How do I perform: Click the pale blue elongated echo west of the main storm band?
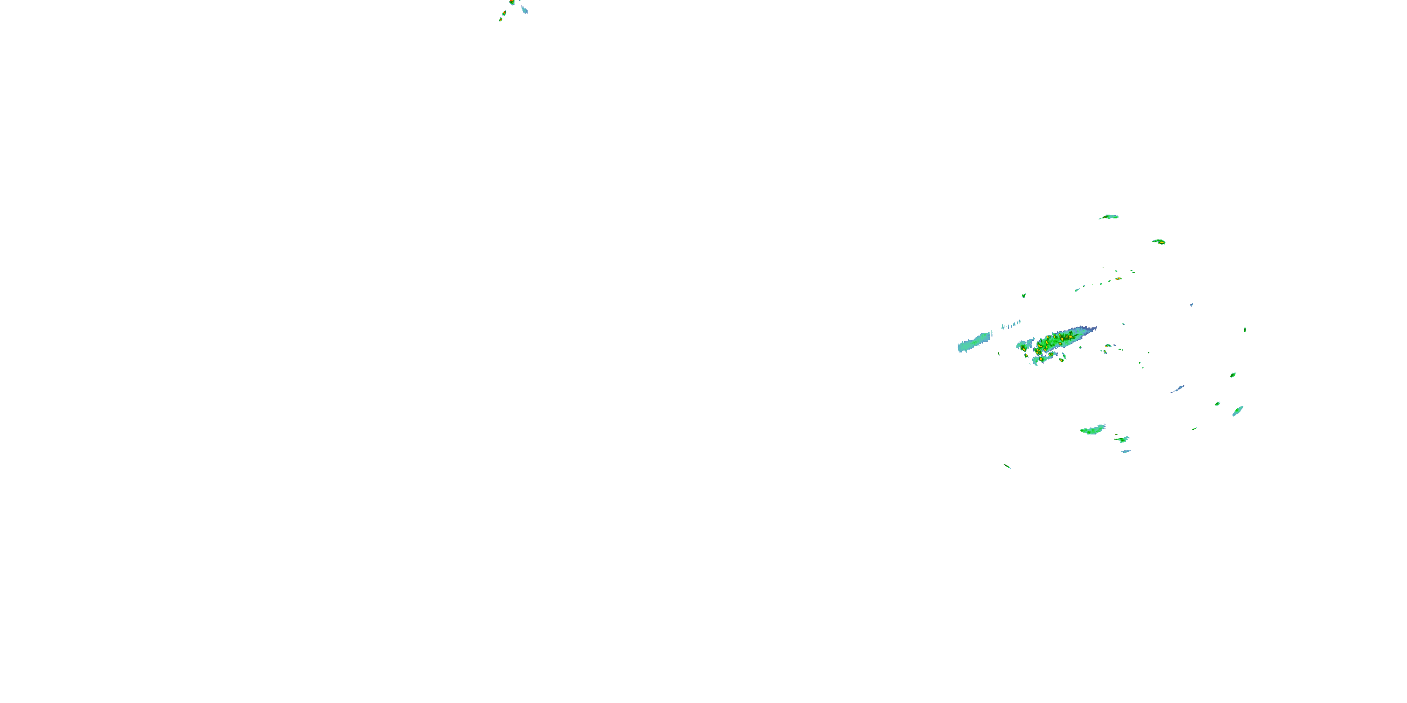pyautogui.click(x=974, y=342)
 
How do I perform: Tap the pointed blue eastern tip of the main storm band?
pyautogui.click(x=1093, y=329)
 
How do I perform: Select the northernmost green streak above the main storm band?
pyautogui.click(x=1109, y=217)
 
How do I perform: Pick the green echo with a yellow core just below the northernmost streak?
pyautogui.click(x=1159, y=241)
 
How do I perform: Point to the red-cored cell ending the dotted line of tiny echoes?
pyautogui.click(x=1118, y=279)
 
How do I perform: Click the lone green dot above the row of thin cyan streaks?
pyautogui.click(x=1023, y=295)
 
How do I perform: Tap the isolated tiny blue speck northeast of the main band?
pyautogui.click(x=1192, y=305)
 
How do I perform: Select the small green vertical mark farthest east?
pyautogui.click(x=1245, y=329)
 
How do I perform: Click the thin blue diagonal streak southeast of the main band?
pyautogui.click(x=1177, y=389)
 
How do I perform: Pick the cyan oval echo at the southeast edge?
pyautogui.click(x=1237, y=411)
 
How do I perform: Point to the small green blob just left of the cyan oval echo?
pyautogui.click(x=1218, y=404)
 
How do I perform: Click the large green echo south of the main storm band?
pyautogui.click(x=1092, y=430)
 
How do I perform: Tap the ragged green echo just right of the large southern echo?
pyautogui.click(x=1122, y=439)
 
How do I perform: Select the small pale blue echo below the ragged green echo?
pyautogui.click(x=1125, y=451)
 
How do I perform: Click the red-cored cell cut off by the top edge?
pyautogui.click(x=512, y=2)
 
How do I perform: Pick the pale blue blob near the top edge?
pyautogui.click(x=524, y=9)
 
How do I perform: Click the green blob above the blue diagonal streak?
pyautogui.click(x=1233, y=374)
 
